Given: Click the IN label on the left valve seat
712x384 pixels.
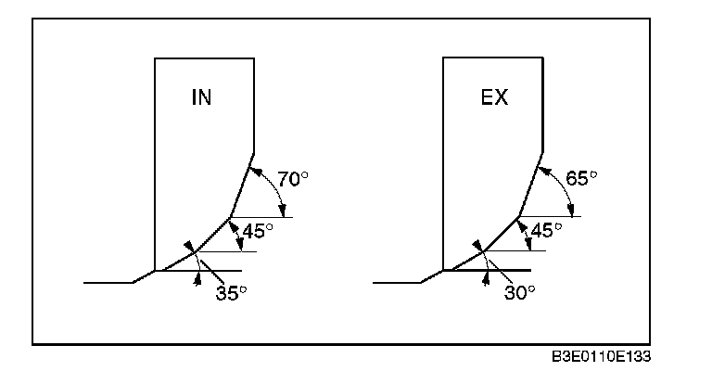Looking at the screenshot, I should tap(201, 98).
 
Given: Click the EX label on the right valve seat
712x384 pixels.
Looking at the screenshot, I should tap(493, 98).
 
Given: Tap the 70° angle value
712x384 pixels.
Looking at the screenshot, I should tap(291, 179).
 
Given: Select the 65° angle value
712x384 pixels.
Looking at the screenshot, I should tap(580, 179).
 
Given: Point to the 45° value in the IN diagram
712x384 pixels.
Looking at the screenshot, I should tap(259, 231).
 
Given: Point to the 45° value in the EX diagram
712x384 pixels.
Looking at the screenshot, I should tap(545, 231).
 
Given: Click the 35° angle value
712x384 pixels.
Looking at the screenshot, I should tap(231, 292).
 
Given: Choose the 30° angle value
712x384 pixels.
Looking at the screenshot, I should tap(520, 292).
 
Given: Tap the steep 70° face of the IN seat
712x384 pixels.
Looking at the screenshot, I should tap(241, 188).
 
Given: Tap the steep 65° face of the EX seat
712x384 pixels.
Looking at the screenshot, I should tap(529, 188).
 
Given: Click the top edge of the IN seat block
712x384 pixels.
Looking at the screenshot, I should tap(204, 58).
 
